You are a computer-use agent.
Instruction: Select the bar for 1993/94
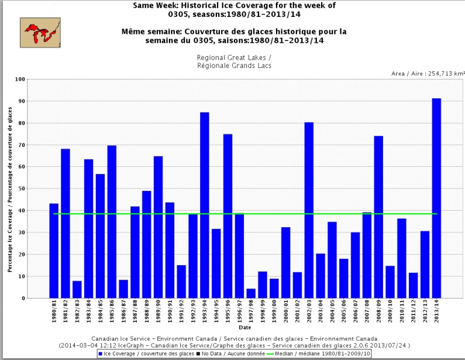coord(205,205)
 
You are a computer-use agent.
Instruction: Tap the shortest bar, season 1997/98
coord(251,293)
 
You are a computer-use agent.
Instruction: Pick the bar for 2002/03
coord(309,210)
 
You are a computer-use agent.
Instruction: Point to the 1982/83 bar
coord(77,289)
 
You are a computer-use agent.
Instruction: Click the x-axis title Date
coord(242,328)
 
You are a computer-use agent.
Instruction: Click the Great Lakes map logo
coord(40,32)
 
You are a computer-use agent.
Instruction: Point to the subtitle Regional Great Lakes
coord(234,58)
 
